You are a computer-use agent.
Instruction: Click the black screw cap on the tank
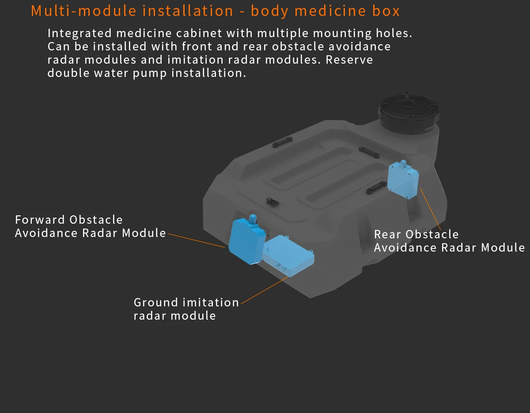click(409, 113)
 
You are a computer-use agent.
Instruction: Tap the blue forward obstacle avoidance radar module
click(247, 241)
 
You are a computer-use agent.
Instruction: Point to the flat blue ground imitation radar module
click(288, 256)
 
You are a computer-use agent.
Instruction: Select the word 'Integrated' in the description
click(79, 34)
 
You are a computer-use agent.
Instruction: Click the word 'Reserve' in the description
click(349, 60)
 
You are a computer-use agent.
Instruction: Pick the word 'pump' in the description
click(150, 74)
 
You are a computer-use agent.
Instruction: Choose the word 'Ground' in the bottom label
click(156, 302)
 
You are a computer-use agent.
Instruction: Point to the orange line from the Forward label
click(197, 241)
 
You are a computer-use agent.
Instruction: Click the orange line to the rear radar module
click(431, 209)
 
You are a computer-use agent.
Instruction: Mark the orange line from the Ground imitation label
click(265, 291)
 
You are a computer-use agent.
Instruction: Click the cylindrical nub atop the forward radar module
click(253, 219)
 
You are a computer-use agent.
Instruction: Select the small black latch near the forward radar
click(272, 202)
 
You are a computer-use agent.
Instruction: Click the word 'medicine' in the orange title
click(330, 11)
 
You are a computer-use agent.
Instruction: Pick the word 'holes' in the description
click(394, 34)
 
